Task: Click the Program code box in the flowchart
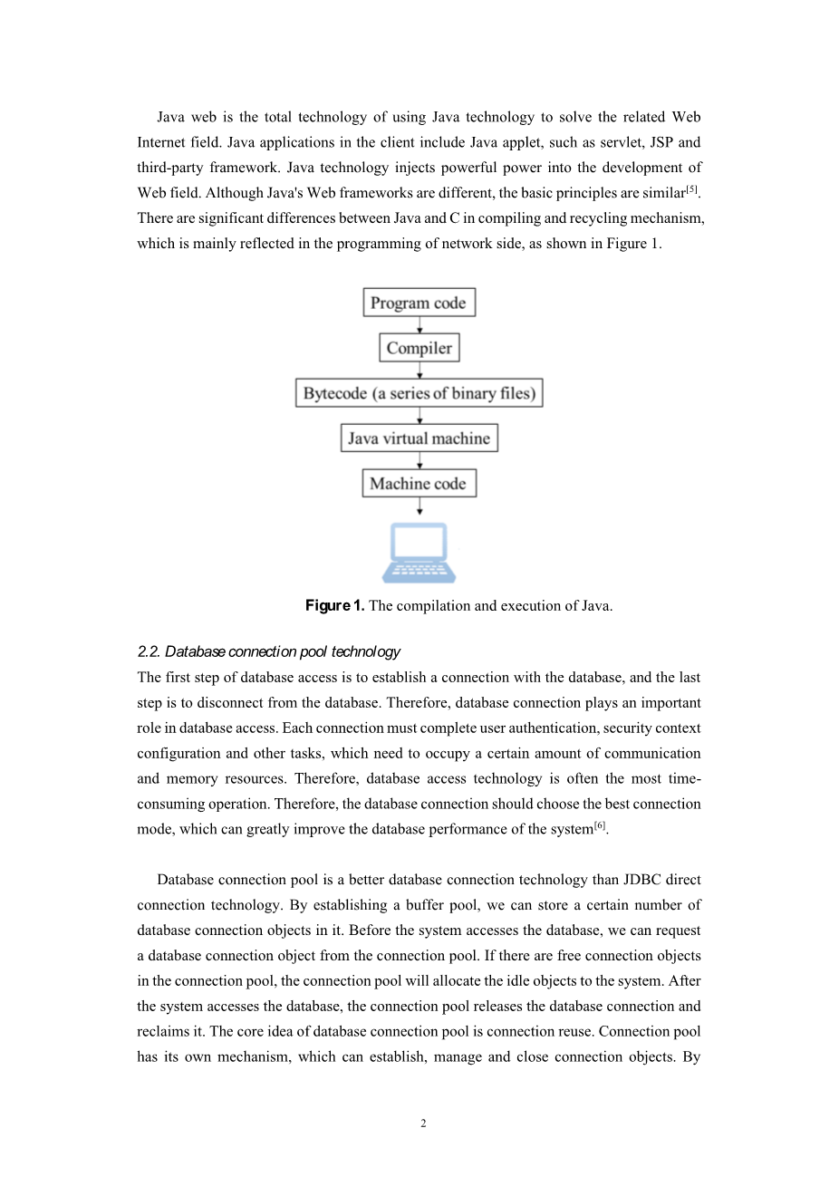click(x=419, y=303)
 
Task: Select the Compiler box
click(x=419, y=348)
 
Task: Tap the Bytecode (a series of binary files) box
click(x=419, y=393)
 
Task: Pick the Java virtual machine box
click(x=419, y=439)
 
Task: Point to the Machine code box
click(x=419, y=484)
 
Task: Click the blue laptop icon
click(x=419, y=552)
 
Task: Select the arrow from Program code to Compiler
click(x=419, y=325)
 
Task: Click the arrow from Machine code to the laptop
click(x=419, y=506)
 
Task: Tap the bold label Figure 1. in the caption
click(x=334, y=606)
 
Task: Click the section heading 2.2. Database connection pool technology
click(x=268, y=651)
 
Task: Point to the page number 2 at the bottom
click(x=423, y=1124)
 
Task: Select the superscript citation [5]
click(x=692, y=188)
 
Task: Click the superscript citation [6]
click(x=599, y=825)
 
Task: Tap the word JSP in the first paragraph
click(x=661, y=142)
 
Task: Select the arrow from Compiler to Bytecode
click(x=419, y=371)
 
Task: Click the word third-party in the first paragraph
click(x=169, y=168)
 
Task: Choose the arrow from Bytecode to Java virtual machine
click(x=419, y=416)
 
